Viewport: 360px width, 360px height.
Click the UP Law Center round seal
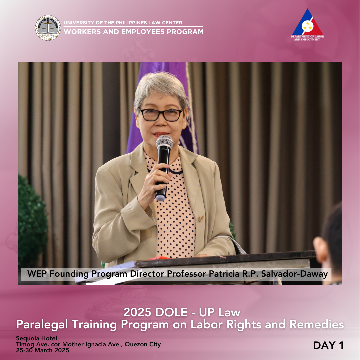[48, 28]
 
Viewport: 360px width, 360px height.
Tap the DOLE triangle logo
[307, 22]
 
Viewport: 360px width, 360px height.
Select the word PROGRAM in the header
[185, 32]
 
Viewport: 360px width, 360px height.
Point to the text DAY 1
[328, 345]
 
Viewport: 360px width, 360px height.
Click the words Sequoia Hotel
[37, 338]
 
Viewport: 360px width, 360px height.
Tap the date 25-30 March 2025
[42, 350]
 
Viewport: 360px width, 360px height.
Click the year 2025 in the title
[137, 312]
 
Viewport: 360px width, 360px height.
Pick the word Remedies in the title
[317, 324]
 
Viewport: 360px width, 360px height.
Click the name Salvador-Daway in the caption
[294, 274]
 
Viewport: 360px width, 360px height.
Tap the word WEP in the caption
[37, 274]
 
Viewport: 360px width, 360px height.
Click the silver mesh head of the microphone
[164, 141]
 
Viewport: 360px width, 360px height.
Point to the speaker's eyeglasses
[160, 115]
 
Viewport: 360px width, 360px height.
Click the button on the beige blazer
[201, 218]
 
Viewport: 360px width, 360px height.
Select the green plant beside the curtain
[32, 220]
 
